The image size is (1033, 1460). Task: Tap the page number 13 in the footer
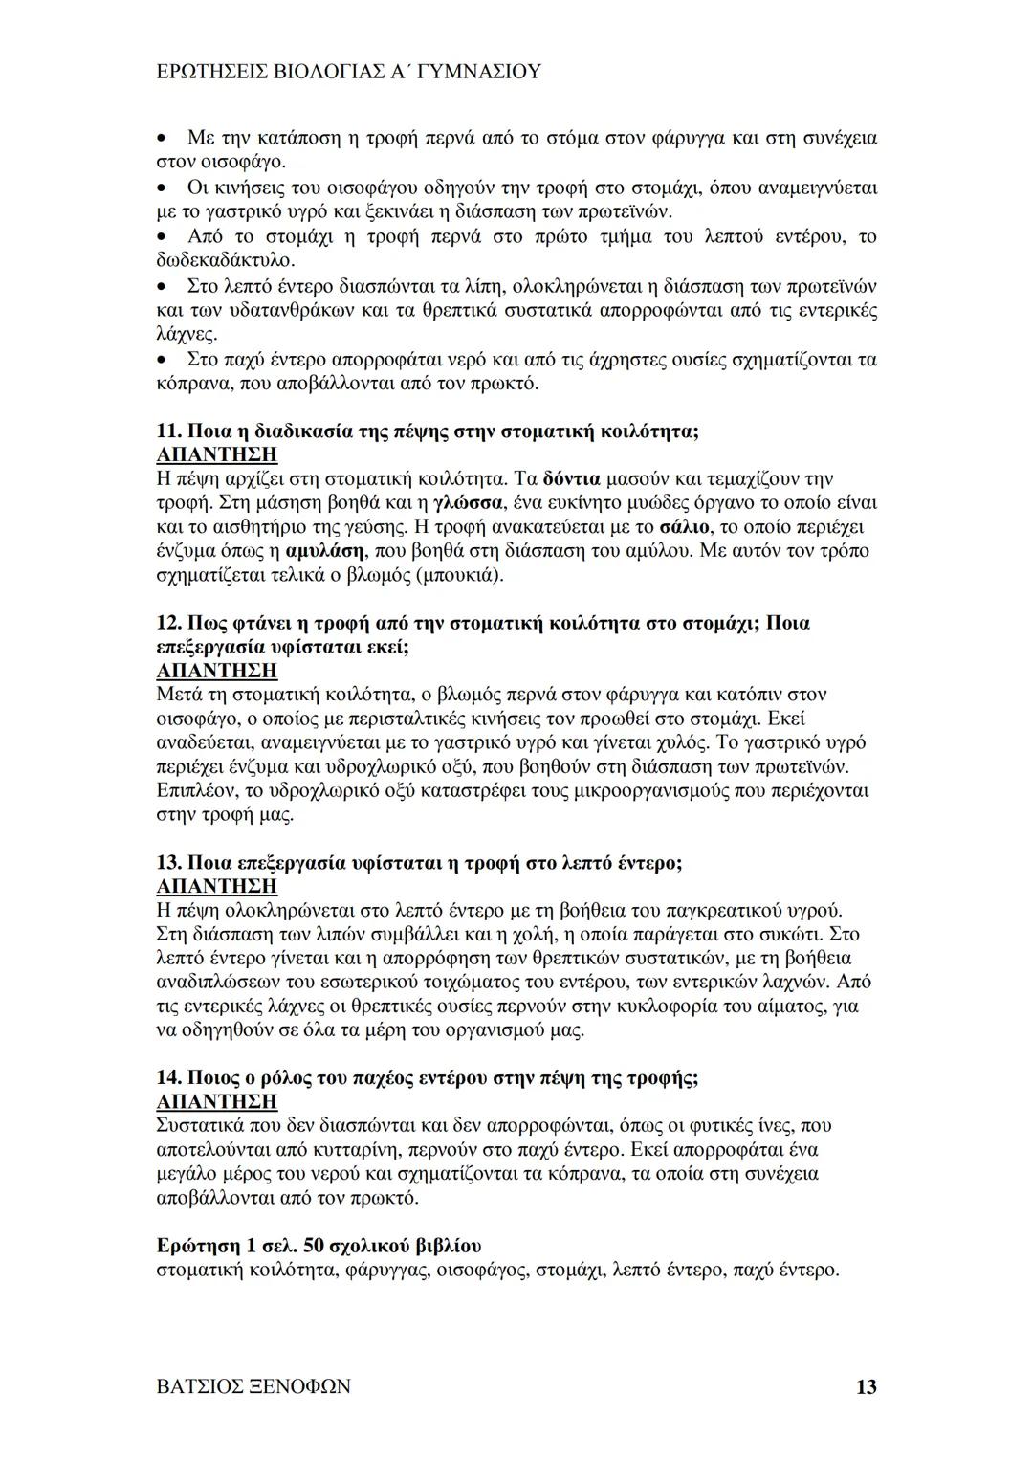pyautogui.click(x=866, y=1386)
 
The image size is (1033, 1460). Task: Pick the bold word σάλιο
pyautogui.click(x=686, y=526)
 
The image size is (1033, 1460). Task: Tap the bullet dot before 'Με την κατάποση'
pyautogui.click(x=164, y=138)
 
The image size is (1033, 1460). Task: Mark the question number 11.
pyautogui.click(x=167, y=431)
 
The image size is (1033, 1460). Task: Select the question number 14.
pyautogui.click(x=167, y=1078)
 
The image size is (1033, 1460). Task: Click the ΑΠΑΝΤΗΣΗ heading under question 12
pyautogui.click(x=216, y=671)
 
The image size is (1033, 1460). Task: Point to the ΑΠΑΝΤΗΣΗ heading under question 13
pyautogui.click(x=216, y=886)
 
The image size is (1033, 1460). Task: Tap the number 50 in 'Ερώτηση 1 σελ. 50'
pyautogui.click(x=313, y=1246)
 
